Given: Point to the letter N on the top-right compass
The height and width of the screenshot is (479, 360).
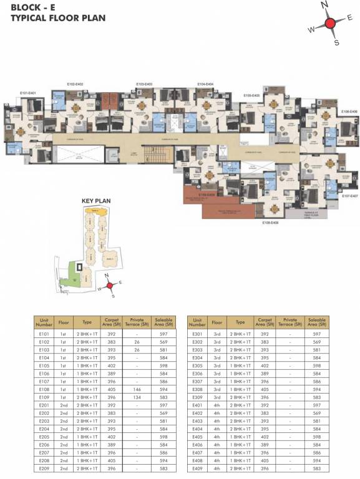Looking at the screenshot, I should click(x=324, y=5).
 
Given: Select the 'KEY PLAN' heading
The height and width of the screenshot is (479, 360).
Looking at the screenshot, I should click(x=96, y=201).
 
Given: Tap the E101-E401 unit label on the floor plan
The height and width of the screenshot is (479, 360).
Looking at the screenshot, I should click(x=27, y=93).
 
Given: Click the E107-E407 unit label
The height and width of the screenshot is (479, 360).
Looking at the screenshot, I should click(x=349, y=196).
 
